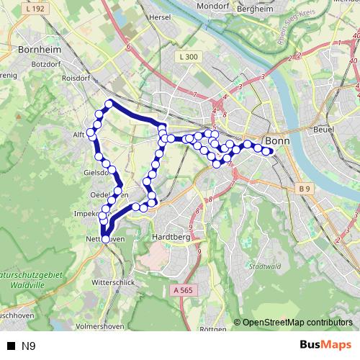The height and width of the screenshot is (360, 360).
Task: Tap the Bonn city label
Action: [277, 141]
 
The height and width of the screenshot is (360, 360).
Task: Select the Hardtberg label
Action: [170, 235]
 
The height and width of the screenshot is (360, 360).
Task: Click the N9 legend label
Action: [29, 346]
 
